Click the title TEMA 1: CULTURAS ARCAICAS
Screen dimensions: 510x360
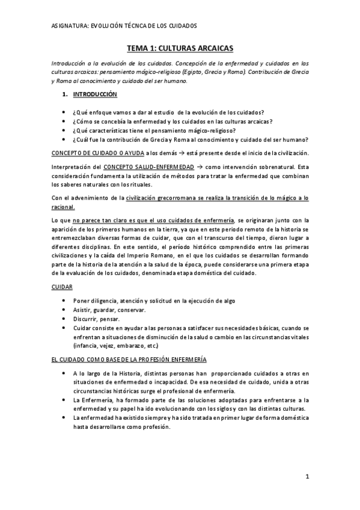click(180, 47)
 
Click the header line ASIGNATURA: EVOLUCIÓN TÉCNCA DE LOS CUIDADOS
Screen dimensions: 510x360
click(124, 26)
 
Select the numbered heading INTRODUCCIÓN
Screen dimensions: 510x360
click(95, 95)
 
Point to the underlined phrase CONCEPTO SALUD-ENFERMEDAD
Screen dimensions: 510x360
click(148, 165)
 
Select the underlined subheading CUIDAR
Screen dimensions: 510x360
click(61, 287)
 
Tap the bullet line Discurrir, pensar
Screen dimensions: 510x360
click(96, 319)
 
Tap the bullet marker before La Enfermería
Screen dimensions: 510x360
click(64, 400)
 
